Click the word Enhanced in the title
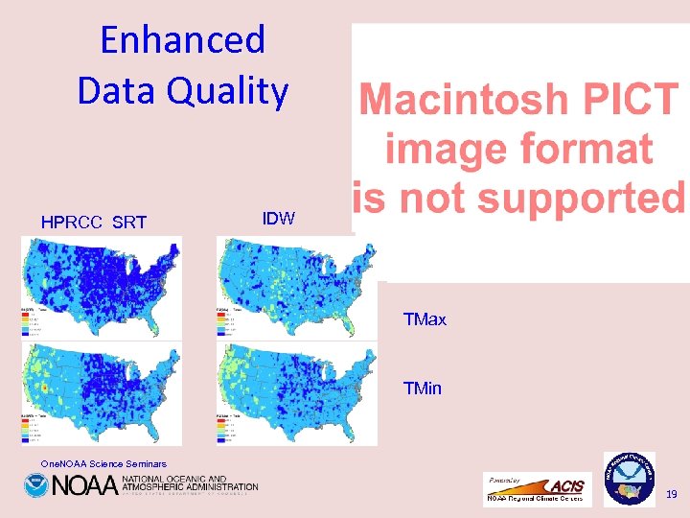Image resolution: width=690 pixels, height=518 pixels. pos(182,40)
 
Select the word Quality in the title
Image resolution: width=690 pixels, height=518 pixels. pos(236,91)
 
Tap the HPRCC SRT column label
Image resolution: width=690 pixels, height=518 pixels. pos(94,224)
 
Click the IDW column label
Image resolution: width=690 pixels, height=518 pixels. pos(278,219)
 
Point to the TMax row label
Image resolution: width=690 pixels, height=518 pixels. pos(425,319)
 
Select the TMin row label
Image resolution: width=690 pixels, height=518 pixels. pos(423,388)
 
